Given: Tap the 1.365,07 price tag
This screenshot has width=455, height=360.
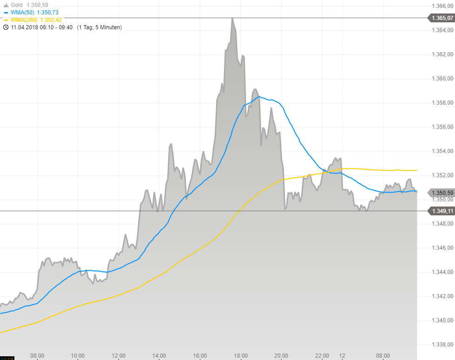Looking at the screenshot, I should point(442,18).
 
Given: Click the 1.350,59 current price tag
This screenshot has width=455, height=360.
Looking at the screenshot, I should point(442,193).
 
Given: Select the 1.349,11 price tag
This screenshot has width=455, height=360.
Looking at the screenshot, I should point(442,211).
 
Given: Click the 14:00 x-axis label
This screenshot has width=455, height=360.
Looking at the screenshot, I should point(159,356).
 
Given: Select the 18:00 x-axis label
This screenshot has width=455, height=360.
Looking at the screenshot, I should point(241,356).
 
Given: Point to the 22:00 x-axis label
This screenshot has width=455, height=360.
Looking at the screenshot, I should point(322,356).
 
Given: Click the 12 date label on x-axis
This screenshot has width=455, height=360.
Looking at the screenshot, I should point(342,356).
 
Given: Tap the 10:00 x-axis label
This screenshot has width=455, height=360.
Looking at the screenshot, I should point(78,356).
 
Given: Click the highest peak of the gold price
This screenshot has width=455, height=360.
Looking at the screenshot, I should point(232,19).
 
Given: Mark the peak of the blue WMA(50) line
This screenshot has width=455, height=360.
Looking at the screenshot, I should point(259,97).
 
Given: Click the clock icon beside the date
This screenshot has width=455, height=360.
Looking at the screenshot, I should point(6,27).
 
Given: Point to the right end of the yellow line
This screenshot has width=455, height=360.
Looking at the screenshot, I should point(416,170).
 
